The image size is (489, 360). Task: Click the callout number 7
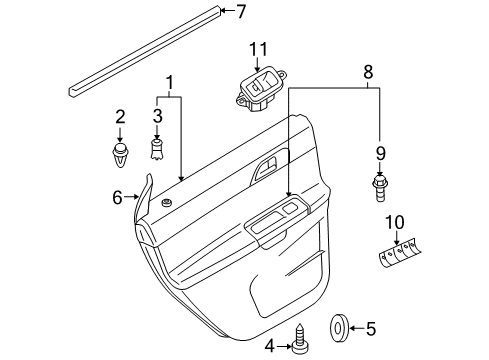tap(241, 11)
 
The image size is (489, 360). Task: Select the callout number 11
tap(259, 50)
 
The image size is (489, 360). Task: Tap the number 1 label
tap(170, 82)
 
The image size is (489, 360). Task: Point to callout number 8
tap(368, 72)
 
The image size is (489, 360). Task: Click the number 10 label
tap(395, 222)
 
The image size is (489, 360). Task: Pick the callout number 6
tap(118, 197)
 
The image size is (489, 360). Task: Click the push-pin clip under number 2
tap(120, 156)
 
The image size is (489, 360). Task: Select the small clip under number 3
tap(157, 149)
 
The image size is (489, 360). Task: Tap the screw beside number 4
tap(300, 338)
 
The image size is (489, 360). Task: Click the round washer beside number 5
tap(339, 328)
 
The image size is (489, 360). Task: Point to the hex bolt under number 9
tap(379, 188)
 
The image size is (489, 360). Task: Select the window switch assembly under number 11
tap(261, 89)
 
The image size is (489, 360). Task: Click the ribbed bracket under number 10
tap(399, 252)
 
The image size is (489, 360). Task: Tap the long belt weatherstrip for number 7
tap(145, 51)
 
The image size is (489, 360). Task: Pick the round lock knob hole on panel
tap(165, 202)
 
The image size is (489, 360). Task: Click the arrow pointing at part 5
tap(357, 328)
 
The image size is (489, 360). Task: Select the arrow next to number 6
tap(131, 197)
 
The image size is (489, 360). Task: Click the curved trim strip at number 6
tap(145, 197)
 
